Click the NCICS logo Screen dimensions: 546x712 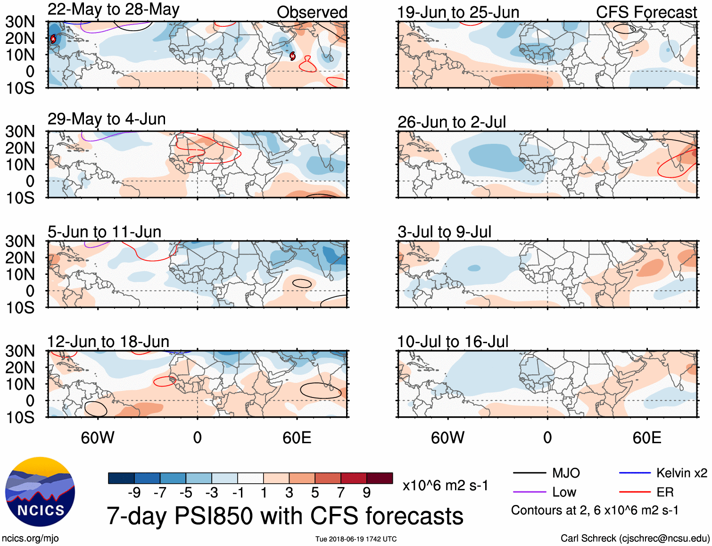40,491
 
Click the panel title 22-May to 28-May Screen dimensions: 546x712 113,9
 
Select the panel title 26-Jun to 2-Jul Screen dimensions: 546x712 451,122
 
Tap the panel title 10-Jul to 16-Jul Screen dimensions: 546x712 453,341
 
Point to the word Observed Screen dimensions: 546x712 312,12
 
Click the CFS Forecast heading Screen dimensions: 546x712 646,12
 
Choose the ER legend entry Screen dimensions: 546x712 665,492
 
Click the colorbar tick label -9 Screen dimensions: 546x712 134,493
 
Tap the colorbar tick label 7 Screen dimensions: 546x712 341,493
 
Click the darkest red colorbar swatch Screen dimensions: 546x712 380,478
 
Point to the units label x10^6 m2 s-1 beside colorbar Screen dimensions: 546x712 445,485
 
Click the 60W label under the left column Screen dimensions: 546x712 98,438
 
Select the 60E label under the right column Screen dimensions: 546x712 646,438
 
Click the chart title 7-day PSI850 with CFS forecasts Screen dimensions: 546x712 285,516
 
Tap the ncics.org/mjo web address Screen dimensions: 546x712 30,538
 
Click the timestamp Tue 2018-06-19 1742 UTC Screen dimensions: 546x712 356,539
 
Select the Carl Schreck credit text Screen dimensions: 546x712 635,538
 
